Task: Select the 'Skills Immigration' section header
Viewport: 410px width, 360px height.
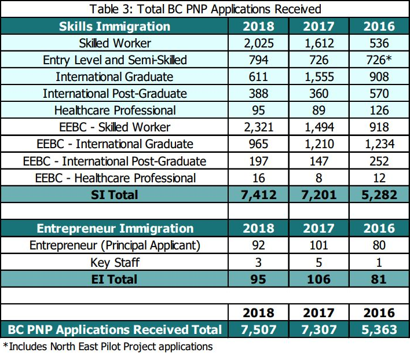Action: pyautogui.click(x=115, y=26)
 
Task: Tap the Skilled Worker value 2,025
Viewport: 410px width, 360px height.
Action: pyautogui.click(x=259, y=43)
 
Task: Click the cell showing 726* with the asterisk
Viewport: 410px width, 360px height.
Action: pyautogui.click(x=379, y=60)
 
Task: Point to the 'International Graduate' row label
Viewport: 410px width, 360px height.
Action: pyautogui.click(x=115, y=77)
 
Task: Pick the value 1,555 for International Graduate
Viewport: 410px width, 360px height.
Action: pyautogui.click(x=319, y=77)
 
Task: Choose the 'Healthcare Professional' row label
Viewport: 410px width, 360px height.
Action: pyautogui.click(x=115, y=111)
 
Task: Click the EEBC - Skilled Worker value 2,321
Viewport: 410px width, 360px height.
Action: pyautogui.click(x=259, y=127)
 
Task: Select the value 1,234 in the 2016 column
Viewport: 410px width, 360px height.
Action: pyautogui.click(x=379, y=144)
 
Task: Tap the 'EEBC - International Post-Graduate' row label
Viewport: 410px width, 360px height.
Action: pyautogui.click(x=115, y=161)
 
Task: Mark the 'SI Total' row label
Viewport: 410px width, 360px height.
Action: pyautogui.click(x=115, y=194)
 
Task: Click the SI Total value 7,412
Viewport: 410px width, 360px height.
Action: pyautogui.click(x=259, y=194)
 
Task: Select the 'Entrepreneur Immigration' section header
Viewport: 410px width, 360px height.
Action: pyautogui.click(x=115, y=228)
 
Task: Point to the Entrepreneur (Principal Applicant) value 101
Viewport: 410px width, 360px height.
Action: pyautogui.click(x=319, y=245)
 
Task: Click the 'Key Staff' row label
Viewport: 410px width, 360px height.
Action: pyautogui.click(x=115, y=262)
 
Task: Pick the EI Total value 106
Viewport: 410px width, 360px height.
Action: pyautogui.click(x=319, y=279)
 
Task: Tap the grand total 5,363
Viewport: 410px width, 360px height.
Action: pyautogui.click(x=379, y=329)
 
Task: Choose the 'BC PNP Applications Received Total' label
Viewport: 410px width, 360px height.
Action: pyautogui.click(x=115, y=329)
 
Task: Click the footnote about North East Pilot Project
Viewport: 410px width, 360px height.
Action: pyautogui.click(x=108, y=347)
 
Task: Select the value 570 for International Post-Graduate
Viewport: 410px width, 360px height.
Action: pyautogui.click(x=379, y=94)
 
